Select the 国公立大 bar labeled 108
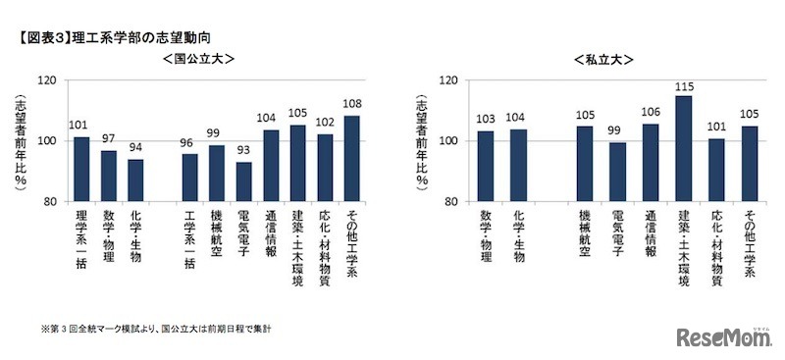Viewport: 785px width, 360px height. coord(351,159)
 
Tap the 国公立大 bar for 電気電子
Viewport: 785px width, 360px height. coord(243,181)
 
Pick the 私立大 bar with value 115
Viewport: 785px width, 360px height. coord(684,148)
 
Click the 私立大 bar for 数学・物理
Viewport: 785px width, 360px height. coord(485,166)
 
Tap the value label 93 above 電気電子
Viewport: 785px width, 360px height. coord(243,153)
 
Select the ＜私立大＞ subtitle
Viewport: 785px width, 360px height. coord(602,59)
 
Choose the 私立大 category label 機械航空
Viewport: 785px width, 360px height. coord(585,235)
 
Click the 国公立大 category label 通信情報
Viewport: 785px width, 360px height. coord(271,235)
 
